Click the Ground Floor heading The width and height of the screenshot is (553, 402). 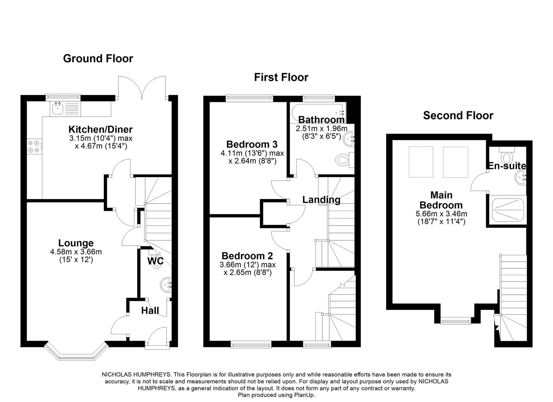tap(98, 58)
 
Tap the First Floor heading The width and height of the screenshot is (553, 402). tap(281, 77)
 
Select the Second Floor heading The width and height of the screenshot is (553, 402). tap(458, 115)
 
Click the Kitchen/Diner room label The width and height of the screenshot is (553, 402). tap(101, 130)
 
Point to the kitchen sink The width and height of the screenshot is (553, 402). tap(57, 109)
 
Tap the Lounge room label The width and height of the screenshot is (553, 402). tap(76, 243)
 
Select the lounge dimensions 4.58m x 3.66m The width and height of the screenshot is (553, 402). tap(76, 252)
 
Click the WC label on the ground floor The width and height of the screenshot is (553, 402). tap(155, 261)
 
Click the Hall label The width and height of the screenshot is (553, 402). tap(150, 310)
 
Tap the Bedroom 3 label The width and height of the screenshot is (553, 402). tap(252, 144)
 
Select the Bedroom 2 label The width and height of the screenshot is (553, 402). tap(247, 256)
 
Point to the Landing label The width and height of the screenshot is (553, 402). tap(321, 200)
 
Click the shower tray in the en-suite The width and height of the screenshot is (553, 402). tap(508, 210)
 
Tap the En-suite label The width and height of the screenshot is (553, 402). tap(507, 166)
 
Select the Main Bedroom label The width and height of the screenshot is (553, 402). tap(441, 200)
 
